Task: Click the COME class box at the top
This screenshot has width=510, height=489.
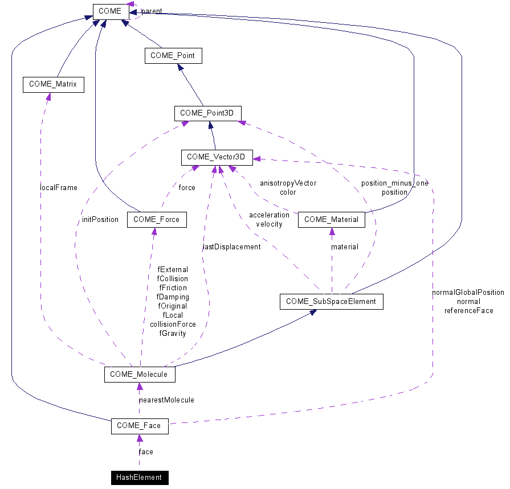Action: [110, 11]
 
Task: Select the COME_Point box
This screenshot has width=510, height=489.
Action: [173, 56]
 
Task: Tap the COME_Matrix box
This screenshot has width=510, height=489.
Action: [53, 85]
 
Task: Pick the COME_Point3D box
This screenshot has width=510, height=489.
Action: [207, 113]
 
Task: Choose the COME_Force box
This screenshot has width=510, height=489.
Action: [157, 220]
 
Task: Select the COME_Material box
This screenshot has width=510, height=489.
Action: [331, 220]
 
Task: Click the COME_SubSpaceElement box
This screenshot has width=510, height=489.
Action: [331, 301]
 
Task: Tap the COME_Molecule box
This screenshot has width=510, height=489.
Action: [139, 374]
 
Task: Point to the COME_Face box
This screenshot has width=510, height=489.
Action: [139, 426]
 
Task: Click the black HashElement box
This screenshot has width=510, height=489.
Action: [139, 477]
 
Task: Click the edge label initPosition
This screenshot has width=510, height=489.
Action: [100, 219]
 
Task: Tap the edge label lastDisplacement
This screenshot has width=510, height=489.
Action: [232, 246]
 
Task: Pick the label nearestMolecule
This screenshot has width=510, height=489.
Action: [166, 400]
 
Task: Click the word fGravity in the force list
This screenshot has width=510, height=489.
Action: [173, 333]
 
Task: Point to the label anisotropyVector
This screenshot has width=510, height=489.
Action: [288, 183]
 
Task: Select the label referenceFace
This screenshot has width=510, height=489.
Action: [468, 310]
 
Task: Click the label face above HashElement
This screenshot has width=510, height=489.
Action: [146, 451]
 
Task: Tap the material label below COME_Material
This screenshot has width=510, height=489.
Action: [345, 246]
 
